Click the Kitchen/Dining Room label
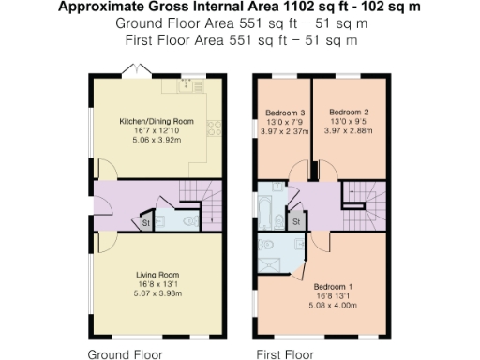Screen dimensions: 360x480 point(156,122)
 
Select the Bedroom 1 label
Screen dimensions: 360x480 point(333,286)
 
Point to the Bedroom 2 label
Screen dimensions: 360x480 point(349,112)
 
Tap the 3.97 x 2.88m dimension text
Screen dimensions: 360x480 point(349,132)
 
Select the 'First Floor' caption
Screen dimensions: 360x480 point(285,354)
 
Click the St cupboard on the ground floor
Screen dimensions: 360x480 point(146,223)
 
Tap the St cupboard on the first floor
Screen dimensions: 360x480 point(295,221)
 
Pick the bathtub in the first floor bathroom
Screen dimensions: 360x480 point(264,212)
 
